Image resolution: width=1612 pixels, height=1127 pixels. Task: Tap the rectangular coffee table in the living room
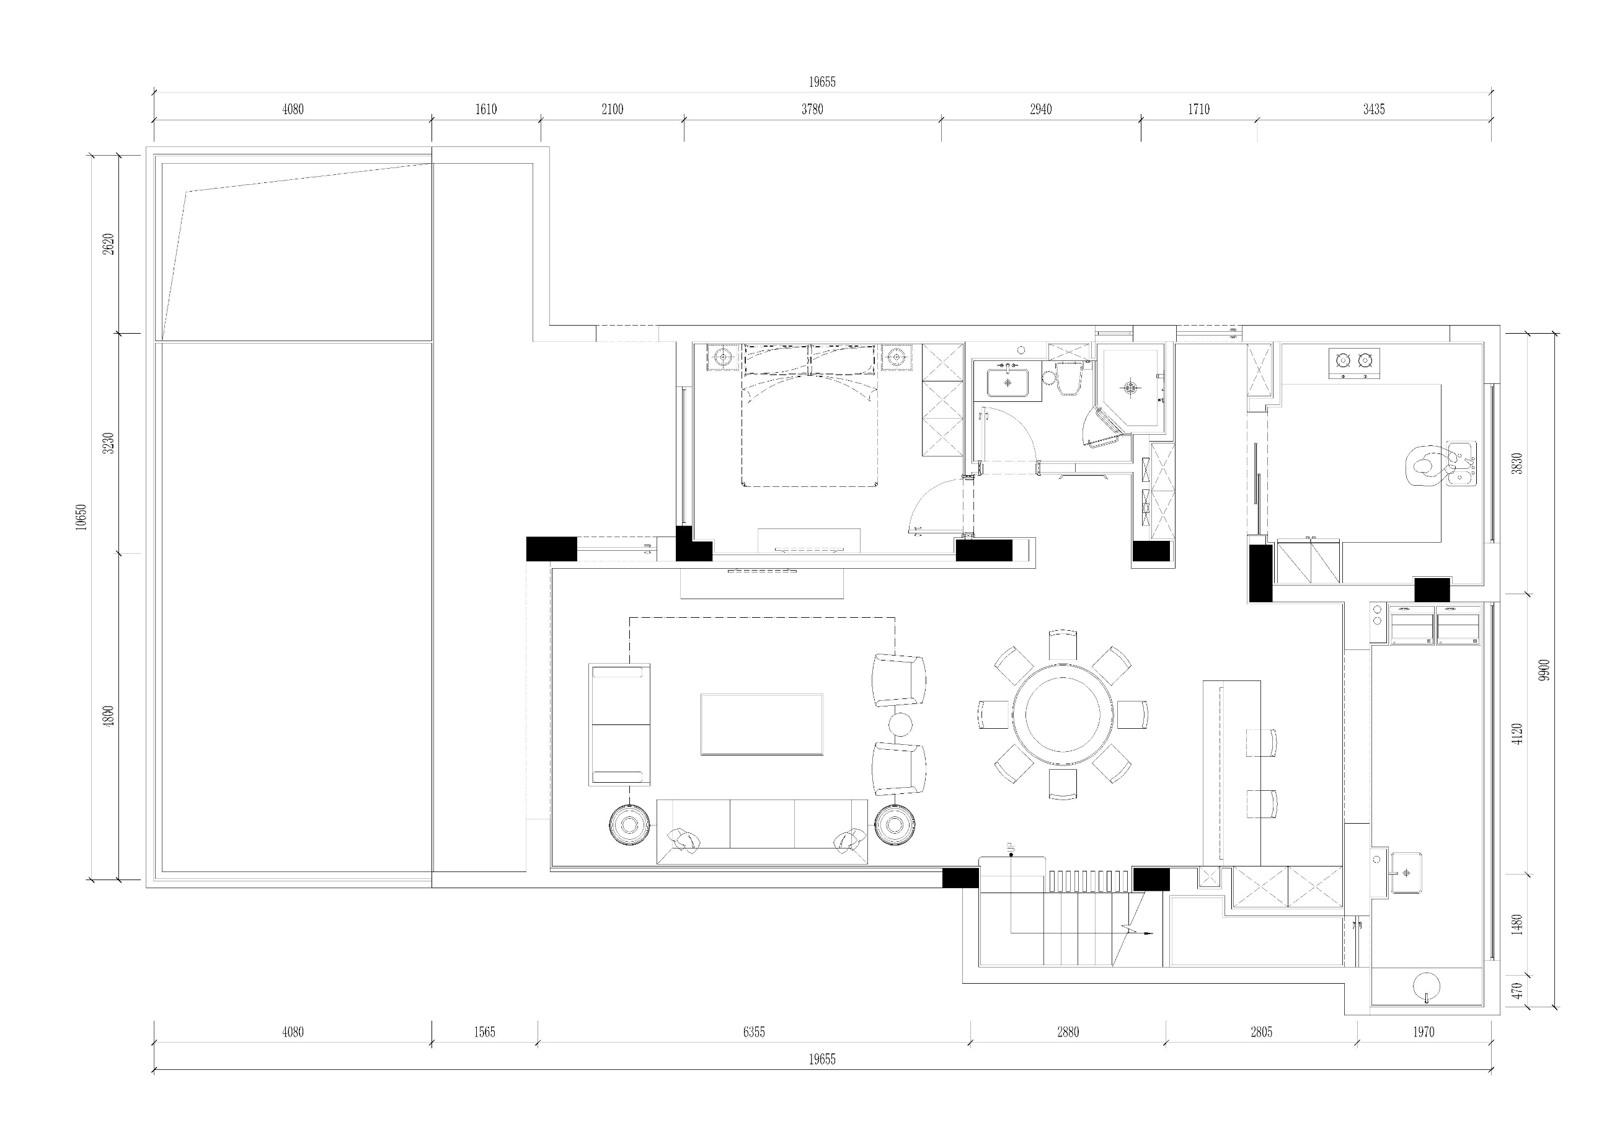point(762,724)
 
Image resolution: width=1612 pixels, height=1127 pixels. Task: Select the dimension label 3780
point(812,110)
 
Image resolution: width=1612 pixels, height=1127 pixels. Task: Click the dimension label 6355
point(753,1032)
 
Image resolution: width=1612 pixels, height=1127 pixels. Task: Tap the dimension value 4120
point(1517,734)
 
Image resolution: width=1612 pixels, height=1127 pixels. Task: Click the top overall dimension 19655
point(821,82)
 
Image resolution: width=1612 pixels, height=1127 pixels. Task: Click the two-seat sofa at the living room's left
point(620,724)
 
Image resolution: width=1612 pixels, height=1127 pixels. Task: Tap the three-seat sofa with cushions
point(762,831)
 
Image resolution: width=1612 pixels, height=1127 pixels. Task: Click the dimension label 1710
point(1198,110)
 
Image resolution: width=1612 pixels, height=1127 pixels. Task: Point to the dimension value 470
point(1517,991)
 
